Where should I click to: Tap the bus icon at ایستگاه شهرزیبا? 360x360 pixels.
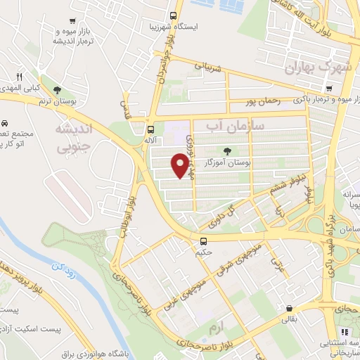[x=174, y=16]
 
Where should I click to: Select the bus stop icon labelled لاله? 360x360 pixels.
[x=150, y=129]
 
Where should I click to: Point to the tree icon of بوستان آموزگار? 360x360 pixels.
[x=226, y=150]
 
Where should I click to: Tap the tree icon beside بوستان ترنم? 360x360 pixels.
[x=57, y=89]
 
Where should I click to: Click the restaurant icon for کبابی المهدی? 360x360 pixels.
[x=20, y=77]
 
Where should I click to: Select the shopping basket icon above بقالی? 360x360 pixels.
[x=289, y=308]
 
